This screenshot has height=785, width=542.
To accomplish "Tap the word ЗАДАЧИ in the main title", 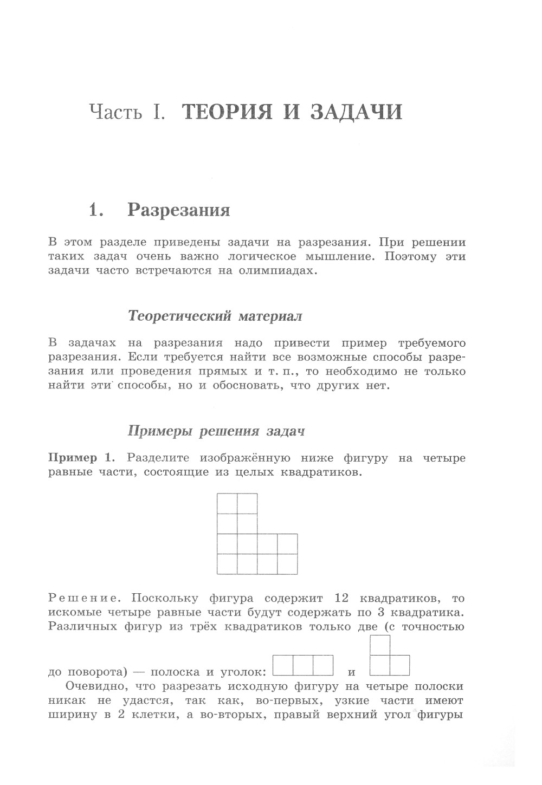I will click(x=356, y=112).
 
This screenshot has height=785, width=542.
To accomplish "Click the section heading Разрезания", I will click(x=178, y=210).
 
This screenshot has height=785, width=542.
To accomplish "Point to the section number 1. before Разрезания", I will click(x=96, y=210).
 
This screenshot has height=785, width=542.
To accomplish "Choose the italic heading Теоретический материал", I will click(x=215, y=315).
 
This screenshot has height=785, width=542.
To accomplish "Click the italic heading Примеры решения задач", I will click(x=216, y=431).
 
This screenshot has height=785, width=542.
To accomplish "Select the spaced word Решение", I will click(x=83, y=599).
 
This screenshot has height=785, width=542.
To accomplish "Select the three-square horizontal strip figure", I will click(x=303, y=665).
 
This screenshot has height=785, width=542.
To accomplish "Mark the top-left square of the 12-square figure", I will click(x=227, y=503).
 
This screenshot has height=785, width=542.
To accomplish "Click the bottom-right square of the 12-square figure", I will click(x=287, y=564).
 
